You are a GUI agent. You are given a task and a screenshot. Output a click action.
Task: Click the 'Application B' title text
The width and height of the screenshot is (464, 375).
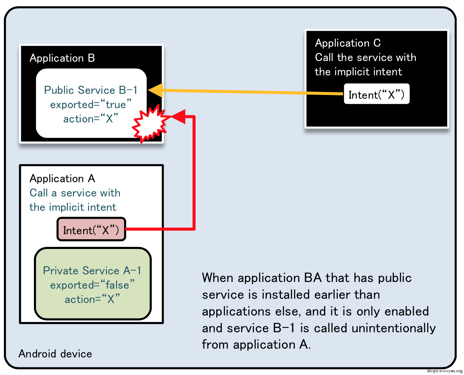tap(62, 58)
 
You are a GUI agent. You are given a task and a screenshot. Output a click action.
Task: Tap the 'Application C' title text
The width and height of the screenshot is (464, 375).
tap(348, 43)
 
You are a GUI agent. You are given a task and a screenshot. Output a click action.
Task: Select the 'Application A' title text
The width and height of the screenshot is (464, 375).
tap(62, 178)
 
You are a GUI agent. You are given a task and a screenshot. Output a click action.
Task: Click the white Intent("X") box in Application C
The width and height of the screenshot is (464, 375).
tap(376, 94)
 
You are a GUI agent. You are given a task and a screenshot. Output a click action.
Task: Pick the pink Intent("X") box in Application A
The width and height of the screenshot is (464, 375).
tap(91, 229)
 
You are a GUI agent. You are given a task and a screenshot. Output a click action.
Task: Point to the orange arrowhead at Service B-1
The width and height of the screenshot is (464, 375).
tap(155, 90)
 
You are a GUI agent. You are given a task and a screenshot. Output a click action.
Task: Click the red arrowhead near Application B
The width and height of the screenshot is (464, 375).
tap(179, 116)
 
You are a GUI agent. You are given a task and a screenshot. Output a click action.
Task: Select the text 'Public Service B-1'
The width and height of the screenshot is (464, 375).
tap(90, 90)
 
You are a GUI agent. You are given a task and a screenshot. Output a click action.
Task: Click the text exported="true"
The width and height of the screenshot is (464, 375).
tap(91, 104)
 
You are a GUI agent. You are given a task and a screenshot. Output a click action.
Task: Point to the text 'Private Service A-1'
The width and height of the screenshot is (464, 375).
tap(92, 271)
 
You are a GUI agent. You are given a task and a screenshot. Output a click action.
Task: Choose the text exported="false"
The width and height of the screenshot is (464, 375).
tap(92, 285)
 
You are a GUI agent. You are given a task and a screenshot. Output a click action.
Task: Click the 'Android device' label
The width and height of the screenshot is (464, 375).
tap(55, 354)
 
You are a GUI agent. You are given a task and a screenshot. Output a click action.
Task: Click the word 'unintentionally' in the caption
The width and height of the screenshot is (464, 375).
tap(393, 328)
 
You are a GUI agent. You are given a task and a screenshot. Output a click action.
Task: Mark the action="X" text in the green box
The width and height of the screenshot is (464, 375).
tap(92, 299)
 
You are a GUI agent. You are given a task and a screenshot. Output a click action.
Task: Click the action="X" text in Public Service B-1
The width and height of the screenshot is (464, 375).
tap(90, 118)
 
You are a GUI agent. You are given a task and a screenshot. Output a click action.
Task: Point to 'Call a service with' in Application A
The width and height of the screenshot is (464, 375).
tap(75, 193)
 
